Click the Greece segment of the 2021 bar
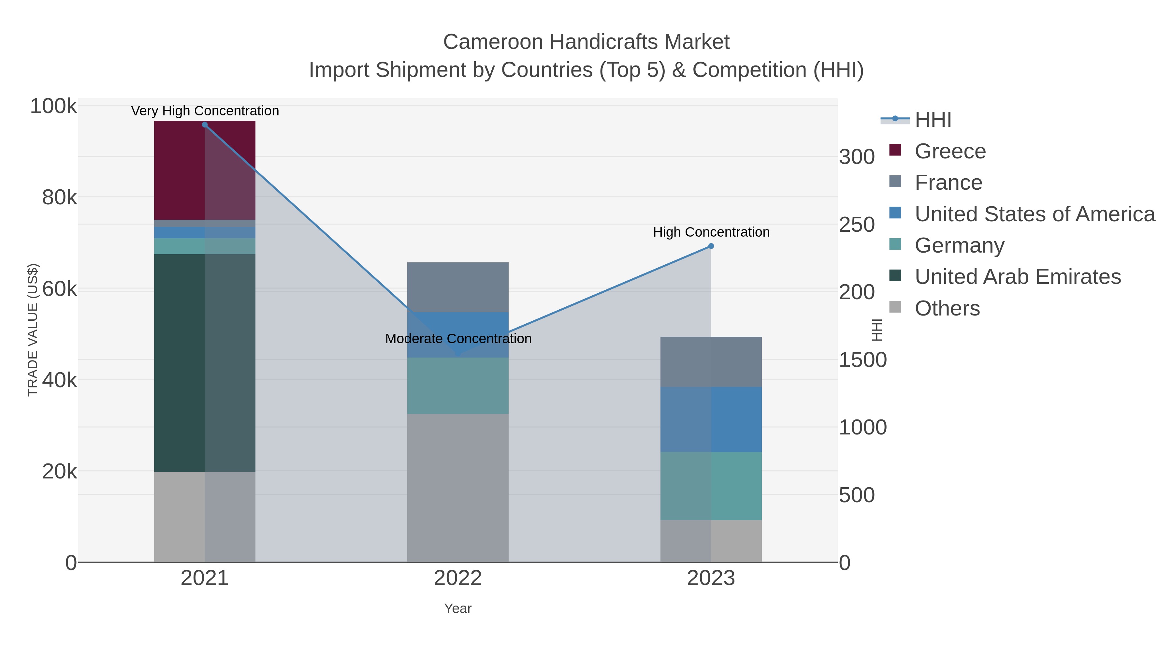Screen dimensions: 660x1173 (x=204, y=170)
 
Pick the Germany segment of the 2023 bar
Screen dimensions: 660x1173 (x=711, y=486)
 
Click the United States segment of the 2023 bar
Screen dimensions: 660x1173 (x=711, y=419)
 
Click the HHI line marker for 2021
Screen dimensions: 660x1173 (x=204, y=125)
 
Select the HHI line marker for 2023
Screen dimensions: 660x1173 (x=711, y=246)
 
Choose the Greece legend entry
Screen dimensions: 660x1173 (x=950, y=151)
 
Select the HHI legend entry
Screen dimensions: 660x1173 (x=933, y=120)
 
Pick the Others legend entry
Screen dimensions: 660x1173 (x=947, y=308)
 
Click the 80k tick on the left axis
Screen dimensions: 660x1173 (x=59, y=198)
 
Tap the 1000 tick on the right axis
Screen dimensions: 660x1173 (x=862, y=428)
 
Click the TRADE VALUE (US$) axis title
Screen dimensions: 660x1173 (x=33, y=330)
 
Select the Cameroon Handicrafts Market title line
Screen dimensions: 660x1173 (x=586, y=42)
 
